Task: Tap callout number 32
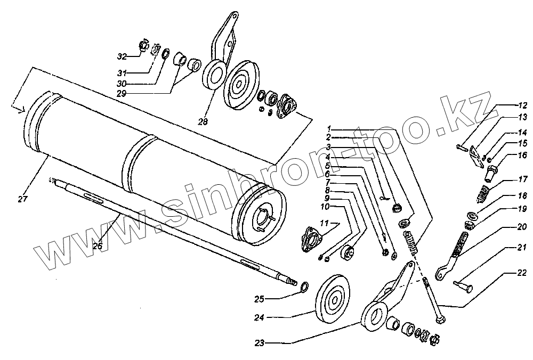click(x=122, y=55)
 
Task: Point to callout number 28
click(x=202, y=121)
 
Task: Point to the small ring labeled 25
click(x=304, y=288)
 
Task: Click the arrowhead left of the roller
click(x=20, y=110)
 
